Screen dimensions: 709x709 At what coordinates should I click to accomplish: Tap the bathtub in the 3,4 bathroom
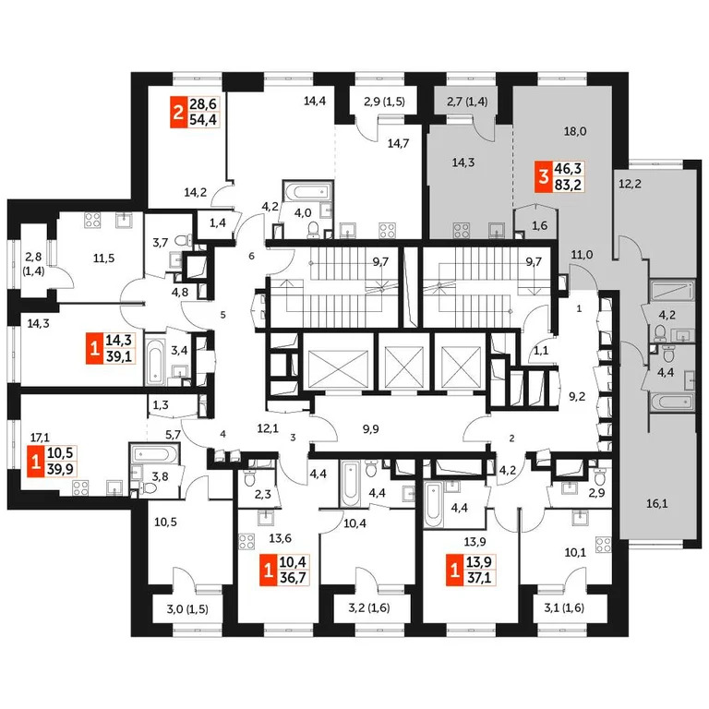154,352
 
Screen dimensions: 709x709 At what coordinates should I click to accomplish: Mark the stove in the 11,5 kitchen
92,221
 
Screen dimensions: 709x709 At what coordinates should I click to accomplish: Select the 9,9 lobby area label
372,428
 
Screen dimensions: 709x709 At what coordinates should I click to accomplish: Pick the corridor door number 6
250,256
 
